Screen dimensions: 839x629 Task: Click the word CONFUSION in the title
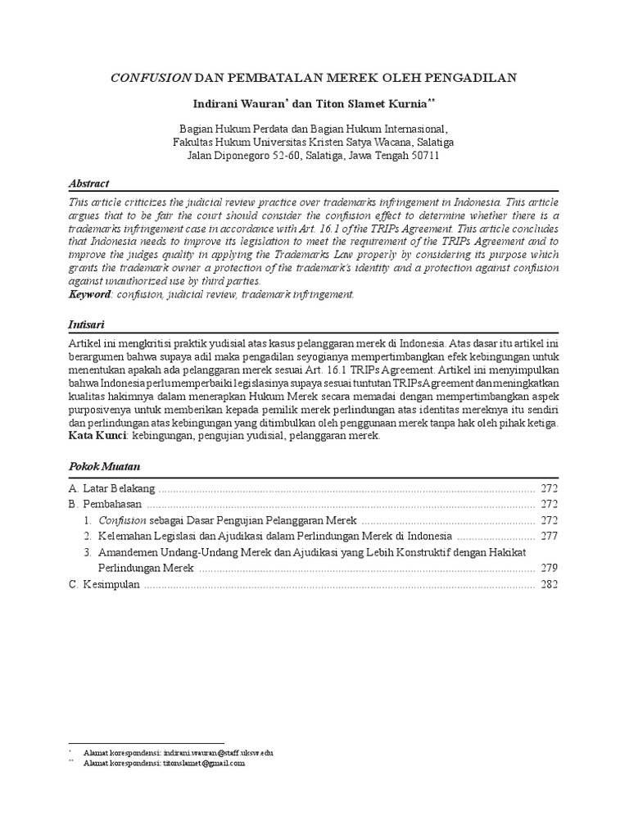click(x=151, y=78)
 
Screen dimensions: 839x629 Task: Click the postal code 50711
click(x=423, y=155)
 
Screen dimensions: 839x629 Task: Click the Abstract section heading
click(x=88, y=184)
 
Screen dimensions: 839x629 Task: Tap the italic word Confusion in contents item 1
click(x=122, y=520)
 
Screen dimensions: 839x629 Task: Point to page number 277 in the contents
click(x=549, y=536)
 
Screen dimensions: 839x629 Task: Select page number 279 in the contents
click(x=549, y=568)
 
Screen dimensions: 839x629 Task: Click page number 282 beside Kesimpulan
click(x=549, y=584)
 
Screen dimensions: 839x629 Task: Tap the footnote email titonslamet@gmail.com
click(x=205, y=763)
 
